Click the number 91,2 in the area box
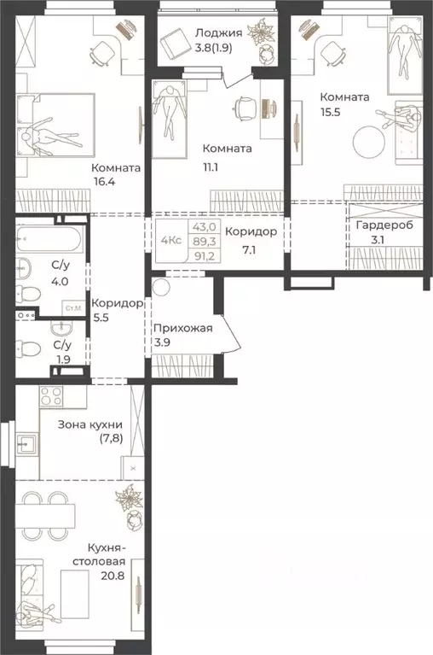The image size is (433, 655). click(203, 255)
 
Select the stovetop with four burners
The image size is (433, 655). click(50, 397)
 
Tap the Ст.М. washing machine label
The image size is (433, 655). click(73, 307)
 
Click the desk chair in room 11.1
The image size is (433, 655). click(244, 107)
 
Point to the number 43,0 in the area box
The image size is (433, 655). click(203, 227)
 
